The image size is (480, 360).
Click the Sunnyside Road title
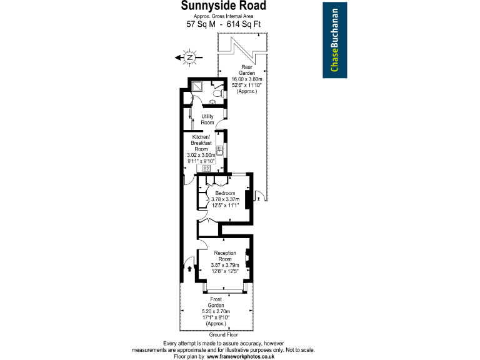(x=223, y=6)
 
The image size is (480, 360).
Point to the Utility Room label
(x=207, y=119)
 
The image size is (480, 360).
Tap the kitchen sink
(x=219, y=151)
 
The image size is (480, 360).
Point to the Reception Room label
(x=224, y=256)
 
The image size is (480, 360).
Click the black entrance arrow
(x=189, y=268)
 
